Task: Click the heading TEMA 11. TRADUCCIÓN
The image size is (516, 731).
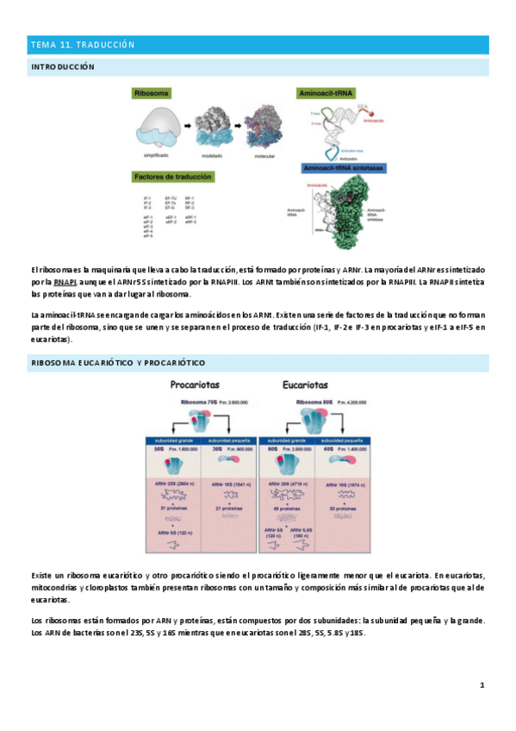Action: pos(83,45)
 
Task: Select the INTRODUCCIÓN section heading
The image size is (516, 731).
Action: pos(62,66)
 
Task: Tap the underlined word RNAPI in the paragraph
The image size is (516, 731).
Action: pos(65,281)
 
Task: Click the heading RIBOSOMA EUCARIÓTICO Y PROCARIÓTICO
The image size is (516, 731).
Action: pos(118,363)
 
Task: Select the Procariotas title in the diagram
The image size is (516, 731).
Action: pos(201,386)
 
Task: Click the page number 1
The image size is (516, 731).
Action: pos(483,685)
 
